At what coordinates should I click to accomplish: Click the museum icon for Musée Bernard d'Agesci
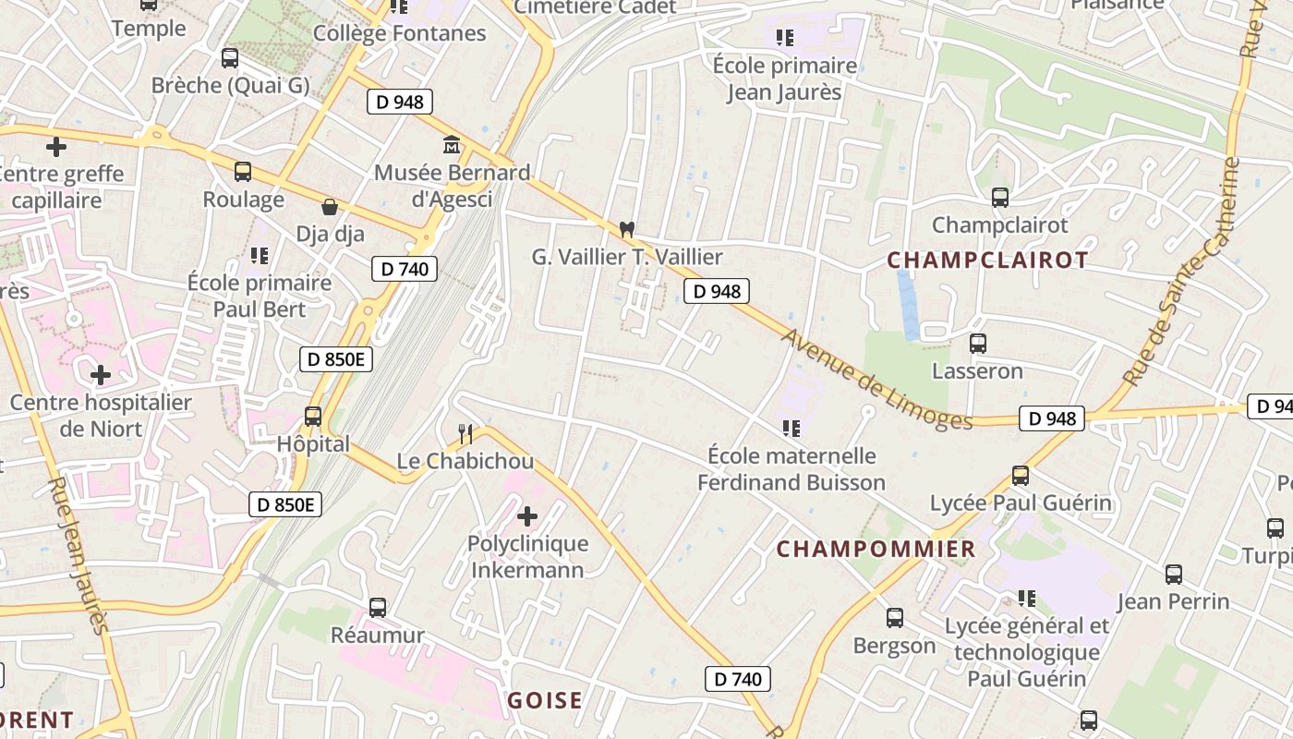(x=453, y=144)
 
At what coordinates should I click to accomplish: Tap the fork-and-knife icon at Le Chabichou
(x=465, y=432)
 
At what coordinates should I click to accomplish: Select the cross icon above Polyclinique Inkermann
(x=527, y=515)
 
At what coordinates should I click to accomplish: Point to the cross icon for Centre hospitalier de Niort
(x=101, y=374)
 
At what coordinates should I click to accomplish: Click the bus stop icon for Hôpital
(x=313, y=416)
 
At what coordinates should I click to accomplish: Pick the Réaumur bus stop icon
(x=377, y=607)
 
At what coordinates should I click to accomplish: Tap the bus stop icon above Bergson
(x=894, y=617)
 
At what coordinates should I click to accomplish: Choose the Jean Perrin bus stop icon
(x=1173, y=574)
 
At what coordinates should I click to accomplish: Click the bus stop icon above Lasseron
(x=977, y=344)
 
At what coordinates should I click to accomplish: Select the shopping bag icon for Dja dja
(x=330, y=206)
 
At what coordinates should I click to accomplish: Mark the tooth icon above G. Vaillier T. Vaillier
(x=627, y=228)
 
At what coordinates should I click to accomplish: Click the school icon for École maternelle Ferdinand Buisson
(x=791, y=428)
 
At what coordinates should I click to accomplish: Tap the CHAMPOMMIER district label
(x=876, y=549)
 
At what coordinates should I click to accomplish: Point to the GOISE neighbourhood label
(x=545, y=700)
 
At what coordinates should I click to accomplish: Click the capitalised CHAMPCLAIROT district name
(x=987, y=260)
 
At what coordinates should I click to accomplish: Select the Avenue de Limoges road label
(x=876, y=379)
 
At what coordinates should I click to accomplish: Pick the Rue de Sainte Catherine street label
(x=1179, y=273)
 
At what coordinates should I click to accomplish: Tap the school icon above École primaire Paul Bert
(x=259, y=254)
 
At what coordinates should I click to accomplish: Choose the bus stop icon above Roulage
(x=243, y=171)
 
